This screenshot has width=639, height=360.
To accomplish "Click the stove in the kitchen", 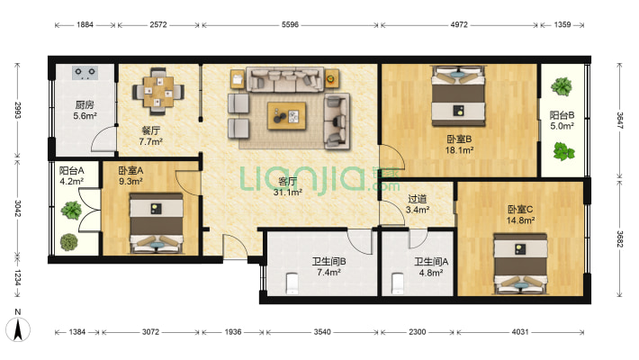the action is click(x=85, y=73).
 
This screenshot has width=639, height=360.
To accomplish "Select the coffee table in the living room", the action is click(x=286, y=116).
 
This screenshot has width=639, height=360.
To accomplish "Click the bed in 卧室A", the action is click(x=156, y=223).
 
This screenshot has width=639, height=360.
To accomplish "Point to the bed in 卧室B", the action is click(x=458, y=96).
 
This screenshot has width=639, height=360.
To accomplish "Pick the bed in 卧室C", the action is click(x=520, y=264).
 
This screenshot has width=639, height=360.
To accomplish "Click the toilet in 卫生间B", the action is click(x=292, y=283).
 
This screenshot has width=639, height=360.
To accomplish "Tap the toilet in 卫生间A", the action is click(x=397, y=283).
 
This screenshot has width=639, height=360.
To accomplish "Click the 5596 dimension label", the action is click(x=290, y=24).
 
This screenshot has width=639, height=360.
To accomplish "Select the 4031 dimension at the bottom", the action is click(x=520, y=332).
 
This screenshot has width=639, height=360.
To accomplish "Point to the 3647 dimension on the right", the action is click(x=619, y=121).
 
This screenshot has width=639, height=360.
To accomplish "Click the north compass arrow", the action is click(x=18, y=329).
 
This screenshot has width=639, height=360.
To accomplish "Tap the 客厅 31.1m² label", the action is click(x=287, y=186).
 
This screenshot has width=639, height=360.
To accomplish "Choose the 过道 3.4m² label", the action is click(x=418, y=204).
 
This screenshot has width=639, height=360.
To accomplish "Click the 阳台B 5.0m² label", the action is click(x=562, y=121).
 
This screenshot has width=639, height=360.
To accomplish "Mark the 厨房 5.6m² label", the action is click(x=85, y=111).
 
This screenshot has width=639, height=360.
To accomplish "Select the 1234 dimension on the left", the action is click(x=17, y=277).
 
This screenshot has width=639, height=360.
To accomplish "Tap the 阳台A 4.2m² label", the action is click(x=71, y=175).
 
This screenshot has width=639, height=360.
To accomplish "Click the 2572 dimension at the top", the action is click(x=158, y=24).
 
